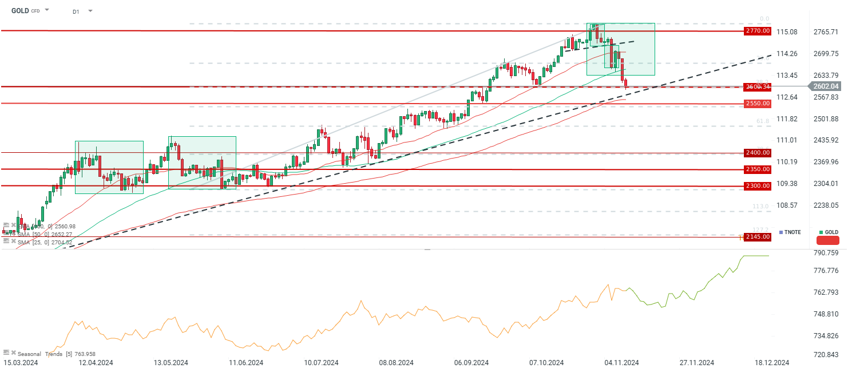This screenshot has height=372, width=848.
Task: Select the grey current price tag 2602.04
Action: point(826,86)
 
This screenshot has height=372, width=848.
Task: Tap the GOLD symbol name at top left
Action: point(21,10)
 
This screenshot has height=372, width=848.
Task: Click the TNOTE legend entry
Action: point(792,232)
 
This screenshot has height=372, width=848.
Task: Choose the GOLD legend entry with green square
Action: point(828,232)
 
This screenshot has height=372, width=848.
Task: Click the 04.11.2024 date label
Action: point(621,363)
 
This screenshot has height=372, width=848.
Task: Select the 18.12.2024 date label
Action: point(772,363)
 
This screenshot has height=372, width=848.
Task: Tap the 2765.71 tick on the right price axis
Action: point(826,31)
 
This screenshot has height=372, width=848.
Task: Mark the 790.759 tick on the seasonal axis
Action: point(826,253)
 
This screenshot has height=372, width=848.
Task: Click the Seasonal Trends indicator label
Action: point(40,354)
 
